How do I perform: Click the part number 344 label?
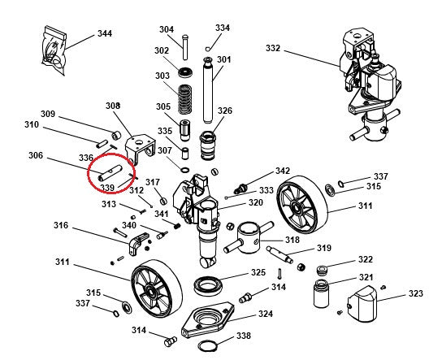coord(104,33)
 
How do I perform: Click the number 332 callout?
coord(273,49)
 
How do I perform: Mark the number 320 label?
coord(255,203)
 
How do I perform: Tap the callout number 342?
coord(282,171)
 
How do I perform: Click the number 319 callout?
coord(323,248)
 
